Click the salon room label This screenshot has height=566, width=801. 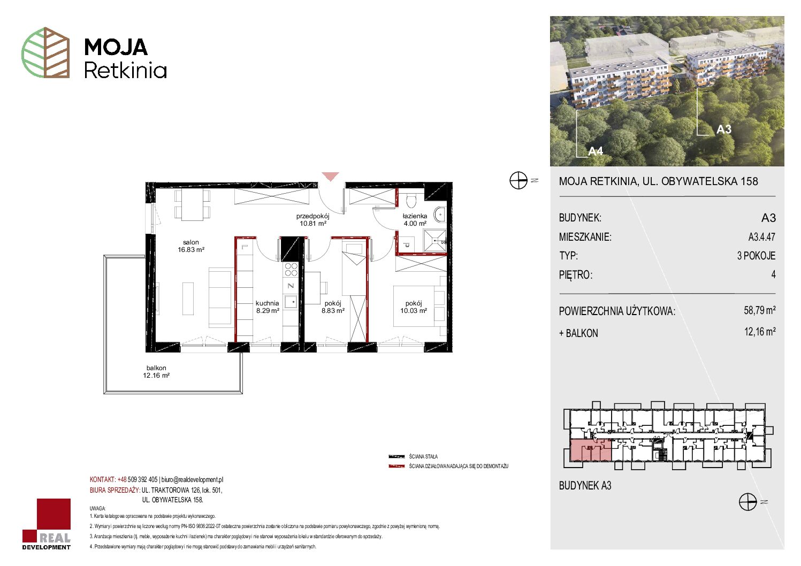pos(191,246)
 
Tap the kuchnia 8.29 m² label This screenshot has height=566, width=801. pos(268,307)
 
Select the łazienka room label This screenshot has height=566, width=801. pos(415,219)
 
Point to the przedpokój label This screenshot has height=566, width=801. pos(313,219)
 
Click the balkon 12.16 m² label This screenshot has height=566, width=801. pos(156,371)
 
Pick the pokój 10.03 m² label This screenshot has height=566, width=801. pos(414,307)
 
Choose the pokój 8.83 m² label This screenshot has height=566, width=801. pos(333,307)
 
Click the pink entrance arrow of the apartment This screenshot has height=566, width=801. pos(330,176)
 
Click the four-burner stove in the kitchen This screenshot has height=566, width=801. pos(291,269)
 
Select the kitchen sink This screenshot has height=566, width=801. pos(291,302)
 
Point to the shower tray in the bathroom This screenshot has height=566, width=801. pos(434,241)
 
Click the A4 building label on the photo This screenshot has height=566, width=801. pos(596,151)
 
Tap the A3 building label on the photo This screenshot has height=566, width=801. pos(724,129)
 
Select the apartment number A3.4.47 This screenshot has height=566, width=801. pos(762,236)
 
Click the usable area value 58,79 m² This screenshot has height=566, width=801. pos(760,310)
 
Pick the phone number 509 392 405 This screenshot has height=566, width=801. pos(142,479)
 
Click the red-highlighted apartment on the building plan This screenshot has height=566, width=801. pos(590,450)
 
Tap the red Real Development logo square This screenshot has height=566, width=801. pos(54,514)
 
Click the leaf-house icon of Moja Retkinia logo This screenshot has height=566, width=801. pos(45,52)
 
